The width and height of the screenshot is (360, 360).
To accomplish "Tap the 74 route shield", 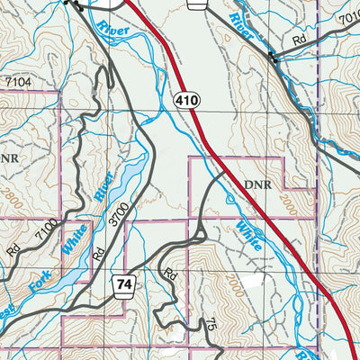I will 124,285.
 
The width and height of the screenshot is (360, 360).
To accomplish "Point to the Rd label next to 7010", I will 300,40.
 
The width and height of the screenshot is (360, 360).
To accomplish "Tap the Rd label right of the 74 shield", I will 169,270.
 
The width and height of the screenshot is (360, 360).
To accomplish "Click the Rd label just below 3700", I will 98,254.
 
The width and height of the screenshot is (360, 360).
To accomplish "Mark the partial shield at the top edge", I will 198,4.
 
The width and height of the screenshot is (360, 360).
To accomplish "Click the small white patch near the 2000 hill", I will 261,292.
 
